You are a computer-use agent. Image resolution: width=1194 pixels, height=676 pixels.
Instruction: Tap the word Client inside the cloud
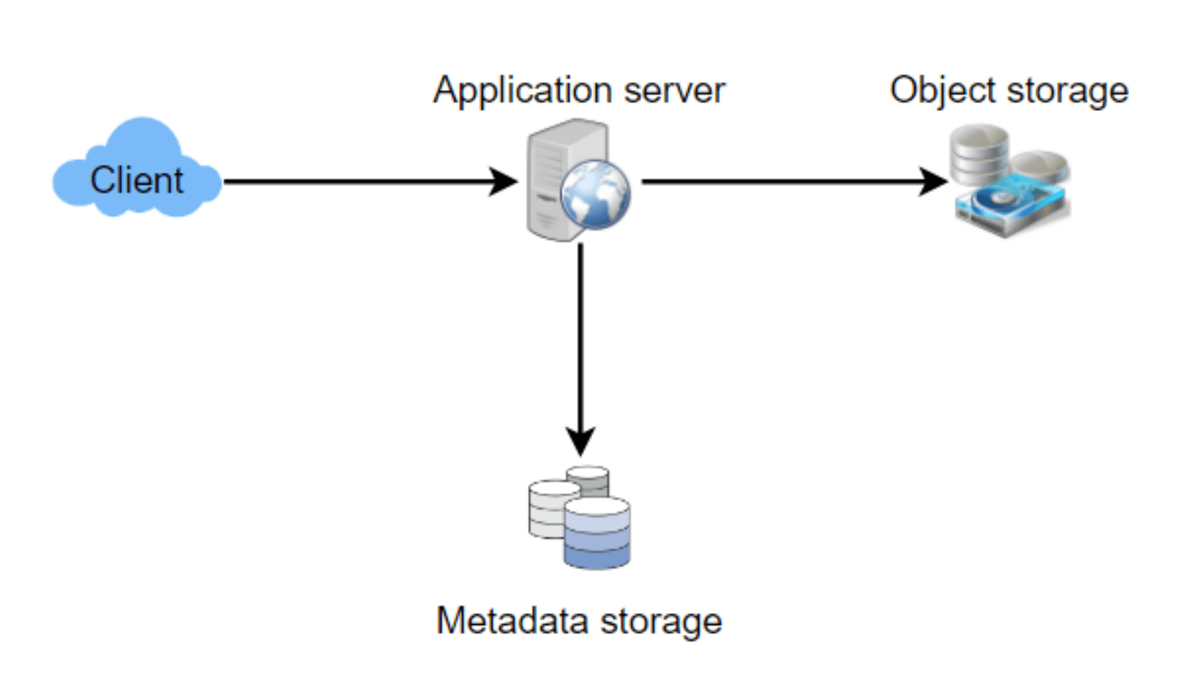tap(137, 180)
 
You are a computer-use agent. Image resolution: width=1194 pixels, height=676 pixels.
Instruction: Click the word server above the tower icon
tap(675, 91)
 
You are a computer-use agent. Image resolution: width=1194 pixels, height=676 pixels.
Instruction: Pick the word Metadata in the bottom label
tap(512, 620)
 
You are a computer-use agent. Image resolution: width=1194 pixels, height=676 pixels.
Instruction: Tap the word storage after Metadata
tap(661, 620)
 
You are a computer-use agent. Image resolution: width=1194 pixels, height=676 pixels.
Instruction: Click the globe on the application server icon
tap(595, 195)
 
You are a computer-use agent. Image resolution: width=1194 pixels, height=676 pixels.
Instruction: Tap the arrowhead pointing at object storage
tap(934, 182)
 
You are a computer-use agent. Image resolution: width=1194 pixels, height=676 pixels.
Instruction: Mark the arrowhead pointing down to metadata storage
tap(580, 441)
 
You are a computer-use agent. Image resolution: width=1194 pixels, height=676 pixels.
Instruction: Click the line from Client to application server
tap(356, 182)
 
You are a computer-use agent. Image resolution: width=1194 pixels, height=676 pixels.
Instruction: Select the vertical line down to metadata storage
tap(580, 335)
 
